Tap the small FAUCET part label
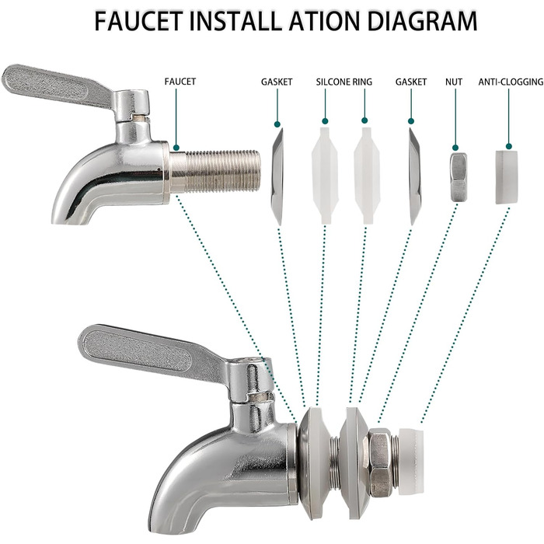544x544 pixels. [x=180, y=82]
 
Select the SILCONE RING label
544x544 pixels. [x=343, y=82]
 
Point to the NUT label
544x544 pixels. [x=454, y=82]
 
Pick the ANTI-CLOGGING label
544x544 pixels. [x=511, y=82]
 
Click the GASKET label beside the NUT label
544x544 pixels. [x=411, y=82]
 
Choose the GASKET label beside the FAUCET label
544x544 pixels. [x=277, y=82]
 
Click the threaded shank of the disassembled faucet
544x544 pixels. [x=214, y=172]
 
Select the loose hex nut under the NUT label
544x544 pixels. [x=459, y=177]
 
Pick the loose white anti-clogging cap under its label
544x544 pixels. [x=506, y=177]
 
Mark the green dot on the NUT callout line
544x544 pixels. [x=455, y=148]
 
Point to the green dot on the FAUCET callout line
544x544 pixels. [x=176, y=148]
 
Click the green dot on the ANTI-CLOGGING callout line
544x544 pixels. [x=509, y=146]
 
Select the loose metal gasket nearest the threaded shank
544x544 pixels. [x=277, y=177]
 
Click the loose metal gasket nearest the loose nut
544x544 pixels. [x=415, y=176]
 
